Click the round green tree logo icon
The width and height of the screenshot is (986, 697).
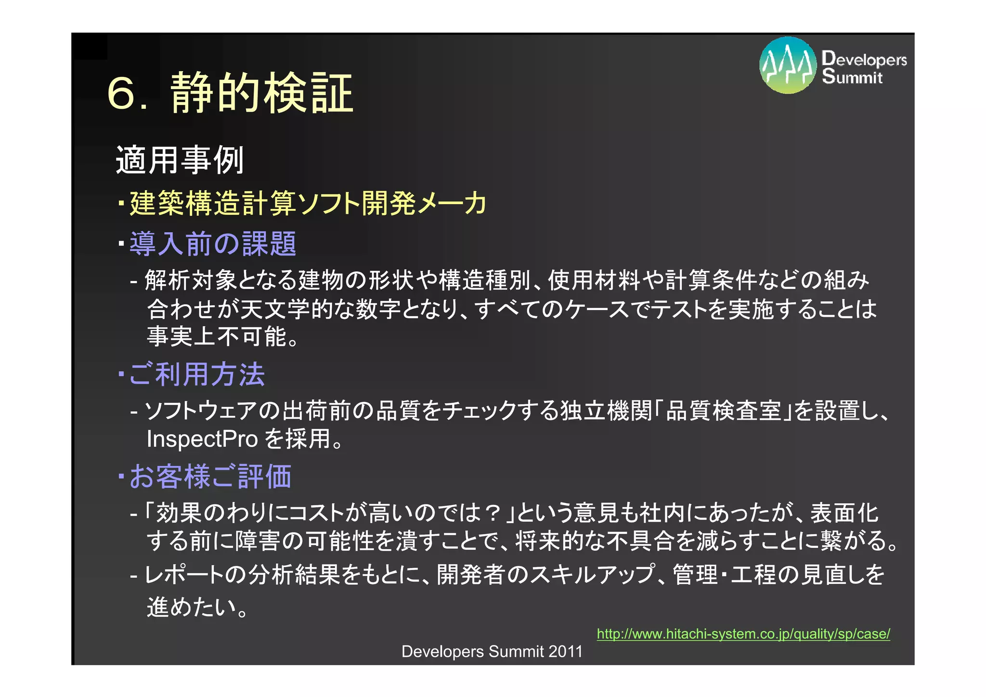[788, 65]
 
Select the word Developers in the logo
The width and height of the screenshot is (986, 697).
[864, 59]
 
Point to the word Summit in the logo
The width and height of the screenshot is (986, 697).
[852, 77]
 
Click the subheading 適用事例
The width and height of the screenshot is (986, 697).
[180, 160]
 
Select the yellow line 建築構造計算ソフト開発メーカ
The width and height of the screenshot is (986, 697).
[308, 203]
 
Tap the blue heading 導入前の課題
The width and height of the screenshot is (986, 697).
[213, 244]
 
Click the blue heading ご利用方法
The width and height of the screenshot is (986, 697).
[197, 374]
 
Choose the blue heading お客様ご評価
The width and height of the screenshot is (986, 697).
[210, 477]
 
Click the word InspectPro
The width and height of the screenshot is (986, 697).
[202, 439]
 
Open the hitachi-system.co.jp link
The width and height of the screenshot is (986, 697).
[743, 634]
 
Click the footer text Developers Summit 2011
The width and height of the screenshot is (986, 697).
[492, 651]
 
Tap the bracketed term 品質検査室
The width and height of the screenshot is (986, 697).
[723, 411]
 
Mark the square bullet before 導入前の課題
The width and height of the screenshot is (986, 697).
[121, 242]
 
